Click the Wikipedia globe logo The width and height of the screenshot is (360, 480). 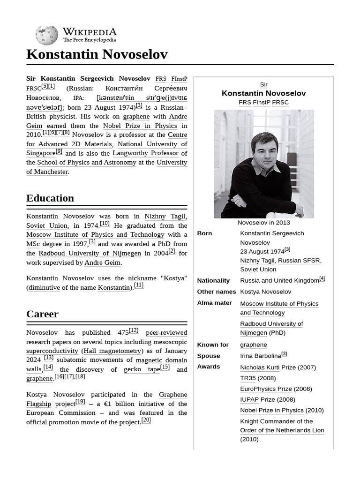[46, 35]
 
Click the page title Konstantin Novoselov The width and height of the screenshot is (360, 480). [97, 54]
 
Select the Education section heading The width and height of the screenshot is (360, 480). [50, 198]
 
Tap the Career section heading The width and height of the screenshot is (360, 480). [42, 314]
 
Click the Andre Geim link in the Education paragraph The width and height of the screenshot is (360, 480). [102, 262]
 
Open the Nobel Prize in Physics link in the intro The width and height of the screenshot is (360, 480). [140, 126]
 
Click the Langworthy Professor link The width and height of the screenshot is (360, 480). [145, 153]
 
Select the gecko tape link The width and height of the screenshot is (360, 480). [142, 369]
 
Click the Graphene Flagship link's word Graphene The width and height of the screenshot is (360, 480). [173, 395]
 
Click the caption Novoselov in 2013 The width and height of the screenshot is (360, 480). [263, 223]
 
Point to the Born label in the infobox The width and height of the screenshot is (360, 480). [204, 233]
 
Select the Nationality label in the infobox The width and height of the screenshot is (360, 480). [213, 280]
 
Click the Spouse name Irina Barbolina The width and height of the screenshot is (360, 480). [261, 356]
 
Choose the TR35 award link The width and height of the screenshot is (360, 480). [248, 378]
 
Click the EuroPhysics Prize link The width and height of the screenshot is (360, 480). [266, 389]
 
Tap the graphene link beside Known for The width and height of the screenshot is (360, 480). [254, 345]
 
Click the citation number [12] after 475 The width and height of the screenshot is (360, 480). [134, 330]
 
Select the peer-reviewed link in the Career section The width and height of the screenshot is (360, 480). [166, 333]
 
